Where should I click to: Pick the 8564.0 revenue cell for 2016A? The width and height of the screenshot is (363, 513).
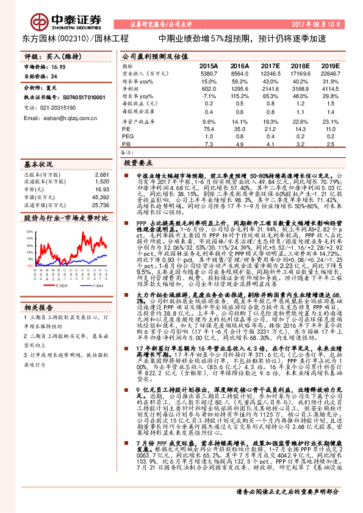tap(239, 73)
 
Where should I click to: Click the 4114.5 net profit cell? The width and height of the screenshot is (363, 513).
tap(329, 88)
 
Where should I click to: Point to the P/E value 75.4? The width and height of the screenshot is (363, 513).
tap(208, 129)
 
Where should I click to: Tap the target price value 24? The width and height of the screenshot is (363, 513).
tap(54, 77)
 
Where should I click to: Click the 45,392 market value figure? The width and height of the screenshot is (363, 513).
tap(100, 198)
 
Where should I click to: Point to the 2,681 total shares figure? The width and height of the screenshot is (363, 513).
tap(102, 174)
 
